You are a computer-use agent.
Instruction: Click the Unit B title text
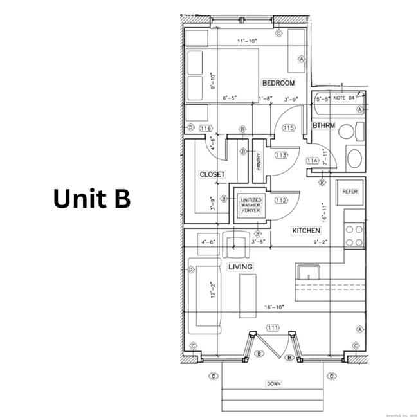[92, 199]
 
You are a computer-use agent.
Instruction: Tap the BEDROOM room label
[278, 84]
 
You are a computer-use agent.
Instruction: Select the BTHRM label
[323, 125]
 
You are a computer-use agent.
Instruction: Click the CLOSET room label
[212, 174]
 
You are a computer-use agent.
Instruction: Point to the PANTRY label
[259, 161]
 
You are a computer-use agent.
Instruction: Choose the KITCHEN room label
[306, 230]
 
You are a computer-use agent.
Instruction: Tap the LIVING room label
[241, 266]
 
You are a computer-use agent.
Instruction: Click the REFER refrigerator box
[350, 192]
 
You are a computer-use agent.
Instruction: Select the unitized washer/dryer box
[251, 205]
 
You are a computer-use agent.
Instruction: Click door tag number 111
[273, 328]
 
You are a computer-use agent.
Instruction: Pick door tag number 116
[206, 129]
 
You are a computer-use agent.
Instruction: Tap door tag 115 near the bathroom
[288, 129]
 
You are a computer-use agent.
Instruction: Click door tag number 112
[281, 200]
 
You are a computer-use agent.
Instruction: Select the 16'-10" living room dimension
[273, 307]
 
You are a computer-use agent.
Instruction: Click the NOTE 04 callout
[345, 98]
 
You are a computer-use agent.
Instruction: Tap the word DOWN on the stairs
[273, 384]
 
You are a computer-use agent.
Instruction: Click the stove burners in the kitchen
[354, 235]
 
